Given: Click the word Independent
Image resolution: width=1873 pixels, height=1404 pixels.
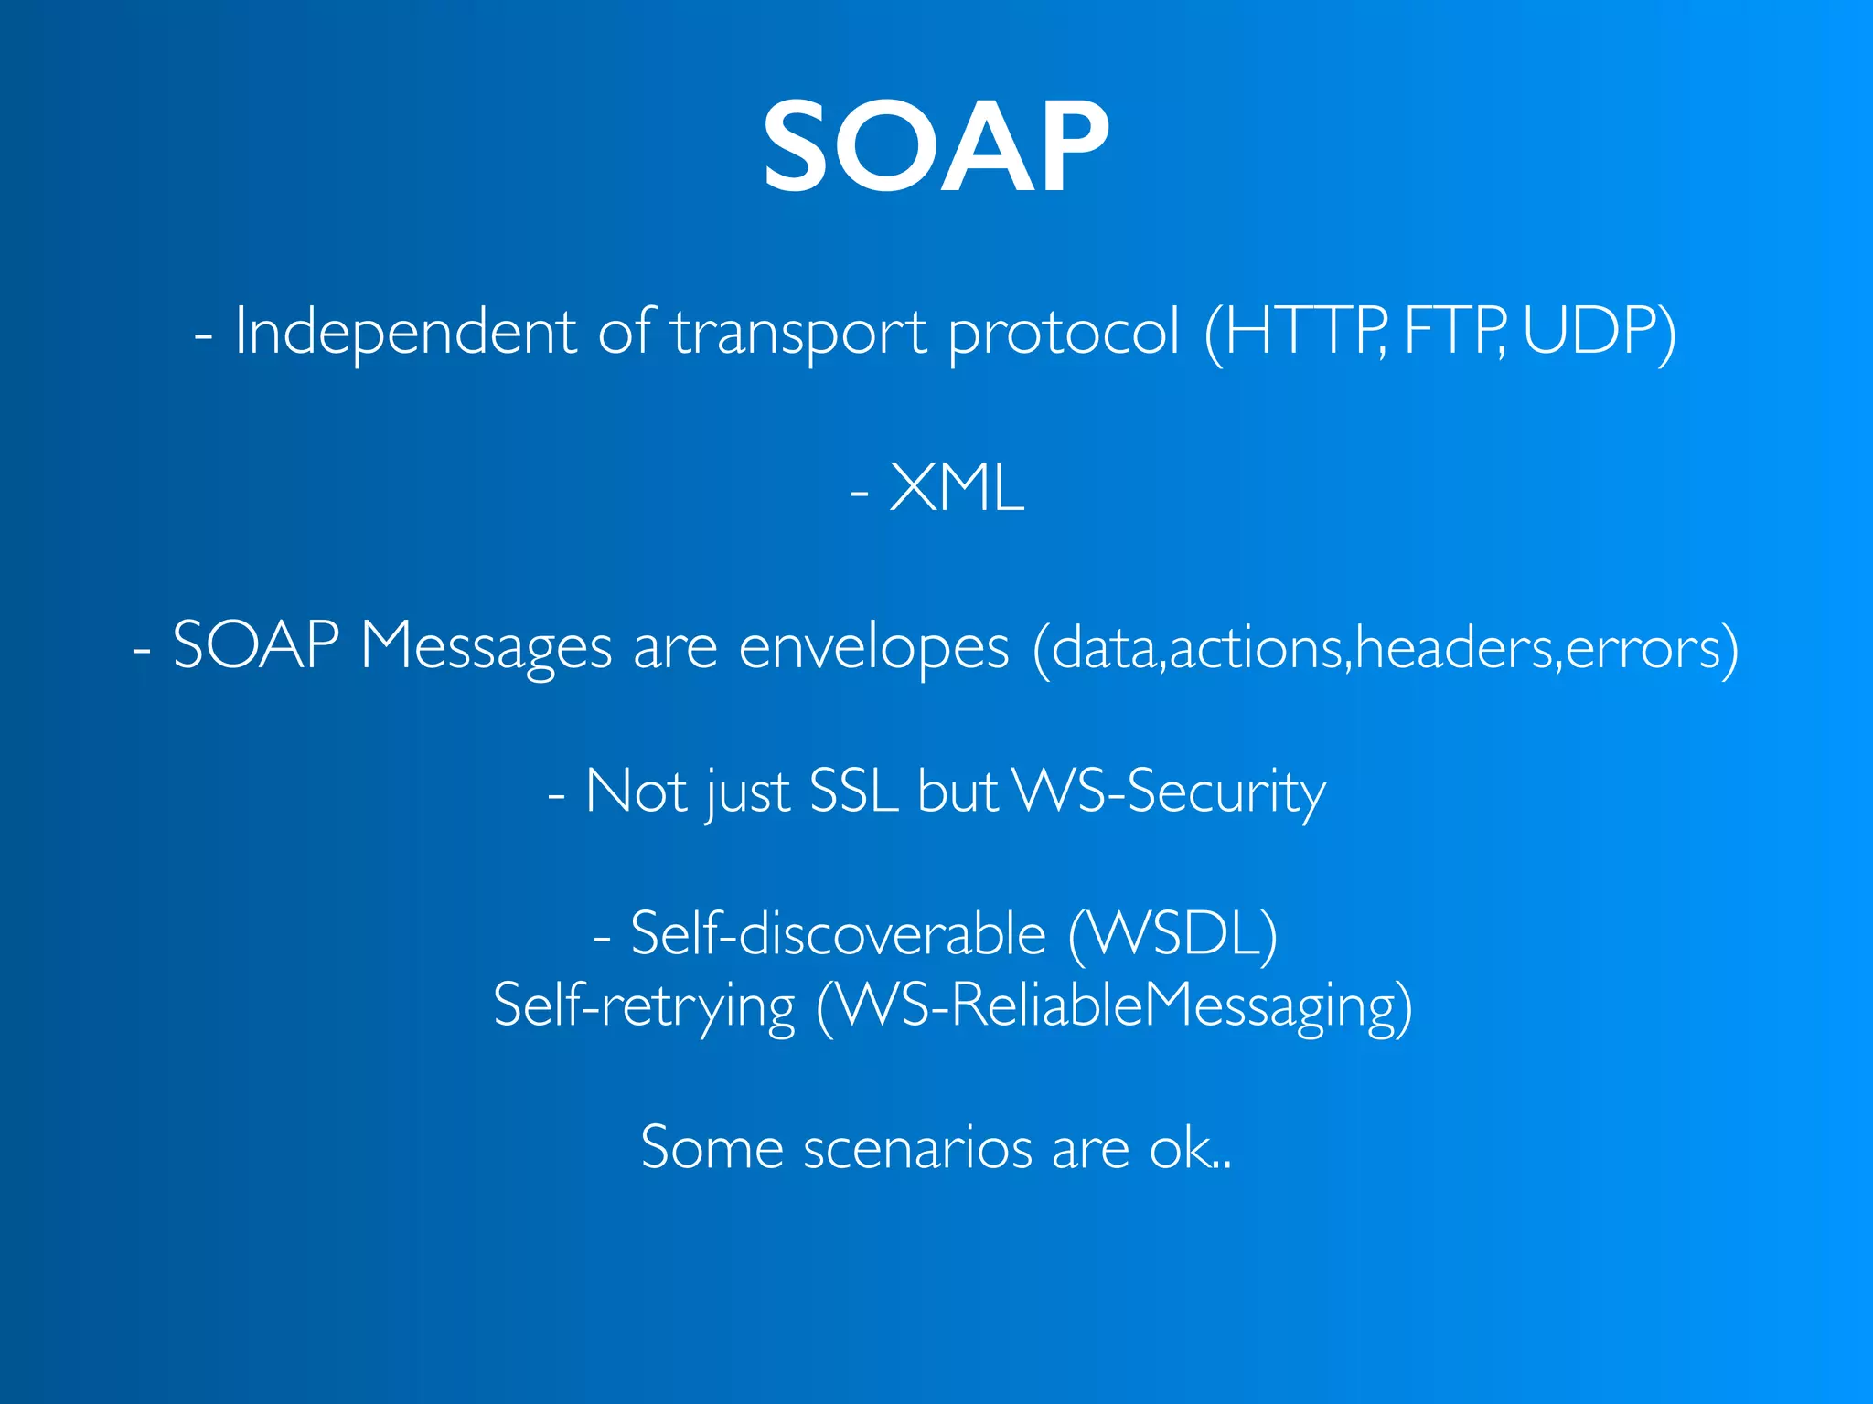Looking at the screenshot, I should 405,331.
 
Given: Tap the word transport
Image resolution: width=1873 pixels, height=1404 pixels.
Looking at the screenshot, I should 799,331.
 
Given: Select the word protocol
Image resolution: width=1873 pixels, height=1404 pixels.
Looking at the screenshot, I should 1064,331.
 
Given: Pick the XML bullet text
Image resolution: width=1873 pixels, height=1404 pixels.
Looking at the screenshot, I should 956,488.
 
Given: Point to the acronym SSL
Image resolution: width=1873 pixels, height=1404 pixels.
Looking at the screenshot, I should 853,792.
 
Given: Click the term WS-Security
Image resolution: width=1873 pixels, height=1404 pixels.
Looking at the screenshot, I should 1170,792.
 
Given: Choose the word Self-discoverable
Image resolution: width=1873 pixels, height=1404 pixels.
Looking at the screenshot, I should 838,934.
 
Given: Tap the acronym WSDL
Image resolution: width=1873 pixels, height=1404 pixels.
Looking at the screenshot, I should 1172,934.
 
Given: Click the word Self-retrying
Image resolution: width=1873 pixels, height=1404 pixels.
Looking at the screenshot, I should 644,1005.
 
